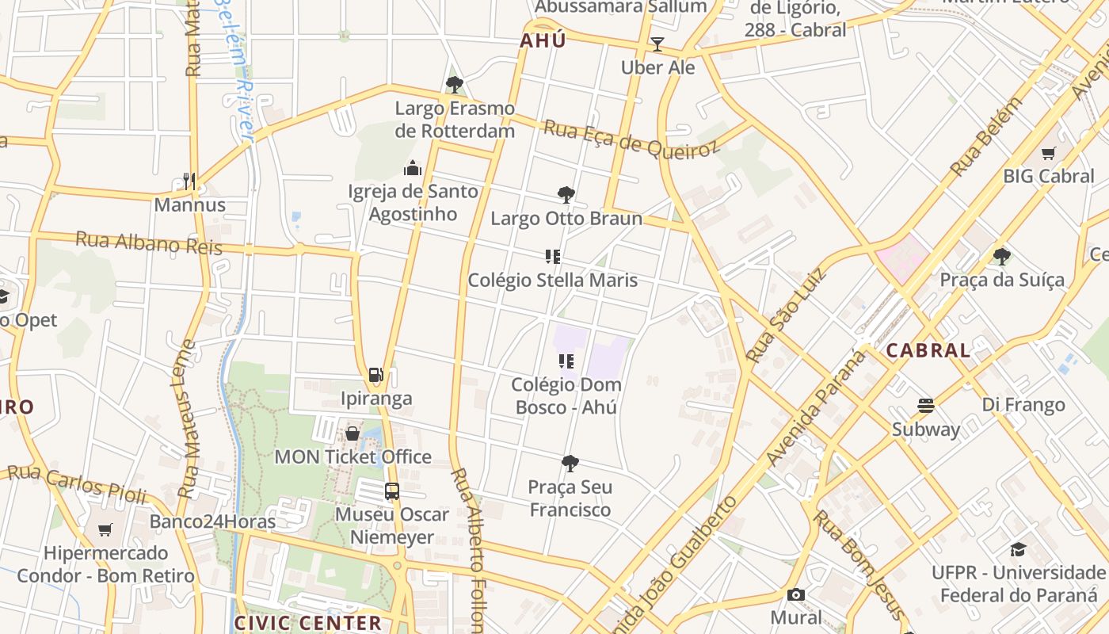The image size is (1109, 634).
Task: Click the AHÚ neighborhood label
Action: (x=543, y=40)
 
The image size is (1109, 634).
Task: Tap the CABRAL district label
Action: (x=928, y=350)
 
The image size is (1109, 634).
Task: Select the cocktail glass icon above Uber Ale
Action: (x=657, y=44)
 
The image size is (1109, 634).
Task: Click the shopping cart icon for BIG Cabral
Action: (x=1048, y=153)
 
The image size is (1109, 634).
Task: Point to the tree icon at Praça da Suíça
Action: (x=1001, y=256)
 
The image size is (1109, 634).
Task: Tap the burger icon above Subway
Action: (x=925, y=406)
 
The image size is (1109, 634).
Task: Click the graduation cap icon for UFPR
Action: (x=1018, y=549)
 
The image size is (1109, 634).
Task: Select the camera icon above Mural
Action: (x=795, y=594)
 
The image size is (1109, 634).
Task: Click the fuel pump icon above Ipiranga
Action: (x=376, y=375)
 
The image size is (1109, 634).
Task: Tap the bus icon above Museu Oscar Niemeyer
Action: (x=392, y=491)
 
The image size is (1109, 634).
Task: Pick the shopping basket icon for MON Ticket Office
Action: (x=353, y=433)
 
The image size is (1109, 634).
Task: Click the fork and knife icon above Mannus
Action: (x=189, y=181)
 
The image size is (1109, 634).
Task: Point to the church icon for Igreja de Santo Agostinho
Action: (x=412, y=168)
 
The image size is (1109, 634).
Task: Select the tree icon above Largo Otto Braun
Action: (x=566, y=195)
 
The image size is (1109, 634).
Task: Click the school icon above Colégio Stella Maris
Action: (x=553, y=256)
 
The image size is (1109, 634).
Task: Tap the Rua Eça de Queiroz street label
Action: (x=631, y=139)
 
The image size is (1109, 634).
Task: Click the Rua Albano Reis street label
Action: (x=149, y=243)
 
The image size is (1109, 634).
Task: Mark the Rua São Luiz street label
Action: (x=786, y=315)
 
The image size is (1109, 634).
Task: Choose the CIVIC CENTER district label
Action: (x=308, y=623)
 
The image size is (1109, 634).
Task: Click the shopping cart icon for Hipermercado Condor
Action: (x=105, y=529)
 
